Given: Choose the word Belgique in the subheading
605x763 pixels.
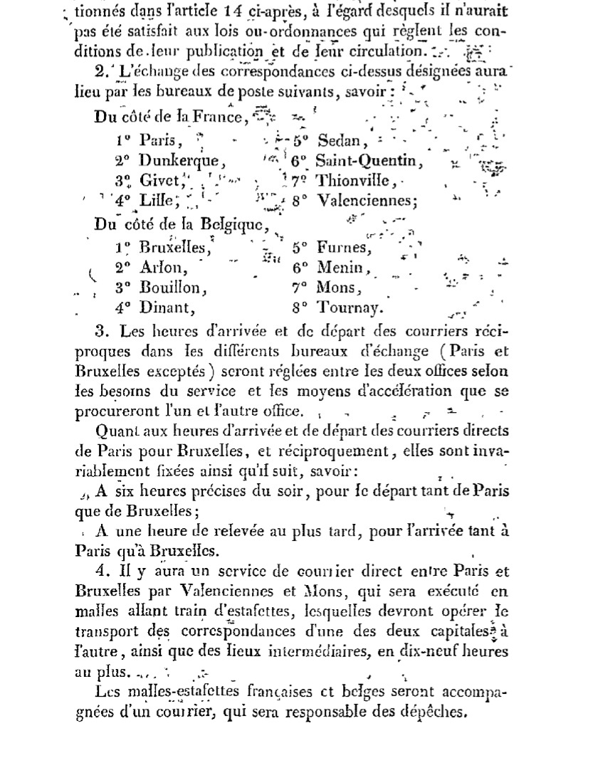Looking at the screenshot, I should (x=230, y=225).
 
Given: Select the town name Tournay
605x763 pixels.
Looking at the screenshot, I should (x=350, y=309).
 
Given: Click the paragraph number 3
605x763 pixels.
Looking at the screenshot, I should (x=99, y=331).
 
